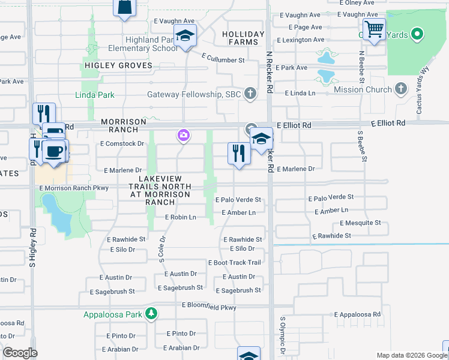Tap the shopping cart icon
point(374,29)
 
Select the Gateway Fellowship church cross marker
point(250,94)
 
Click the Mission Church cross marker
point(402,89)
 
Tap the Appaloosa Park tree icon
point(152,313)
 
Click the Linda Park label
point(95,95)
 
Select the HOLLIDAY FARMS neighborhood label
point(243,38)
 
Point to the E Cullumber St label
point(223,59)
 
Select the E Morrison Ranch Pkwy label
point(74,188)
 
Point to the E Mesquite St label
point(360,223)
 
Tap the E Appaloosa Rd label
point(358,314)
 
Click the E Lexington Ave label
point(300,40)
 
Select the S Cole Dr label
point(162,248)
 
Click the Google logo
point(20,353)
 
